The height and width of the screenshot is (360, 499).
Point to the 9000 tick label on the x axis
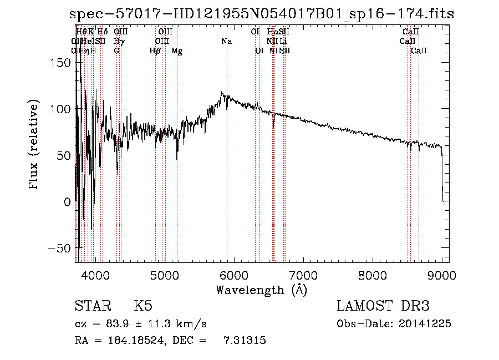tap(442, 275)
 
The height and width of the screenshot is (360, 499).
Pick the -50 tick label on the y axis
tap(60, 248)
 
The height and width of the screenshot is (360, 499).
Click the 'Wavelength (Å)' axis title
tap(261, 290)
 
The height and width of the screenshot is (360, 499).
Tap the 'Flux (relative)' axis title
tap(34, 145)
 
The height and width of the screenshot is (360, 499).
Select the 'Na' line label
tap(226, 41)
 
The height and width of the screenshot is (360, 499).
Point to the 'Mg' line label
tap(177, 51)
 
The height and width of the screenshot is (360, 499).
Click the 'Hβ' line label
tap(155, 51)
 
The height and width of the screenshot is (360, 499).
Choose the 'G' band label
tap(116, 51)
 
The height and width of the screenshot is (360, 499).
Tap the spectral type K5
tap(143, 306)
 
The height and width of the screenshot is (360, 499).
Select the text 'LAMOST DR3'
tap(383, 306)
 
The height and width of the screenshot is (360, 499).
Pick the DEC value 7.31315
tap(245, 341)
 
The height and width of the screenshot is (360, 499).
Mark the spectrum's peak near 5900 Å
tap(222, 93)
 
